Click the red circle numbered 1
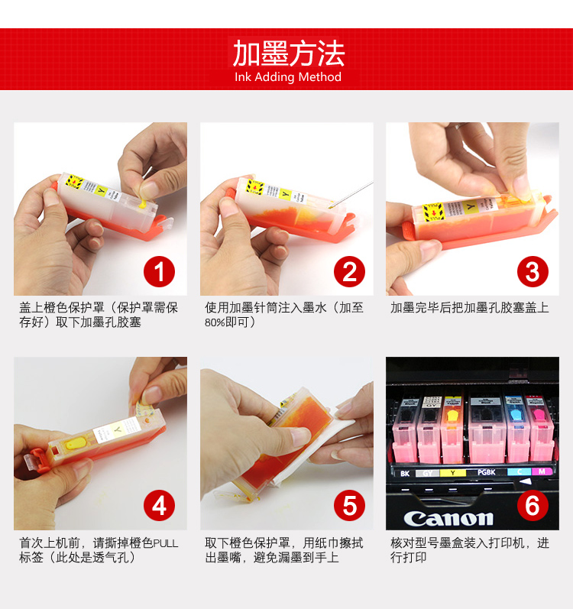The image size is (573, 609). pyautogui.click(x=159, y=271)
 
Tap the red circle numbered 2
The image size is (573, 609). pyautogui.click(x=349, y=271)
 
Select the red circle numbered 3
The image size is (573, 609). pyautogui.click(x=533, y=271)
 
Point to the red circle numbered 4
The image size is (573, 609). pyautogui.click(x=159, y=506)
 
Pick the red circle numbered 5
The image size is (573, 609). pyautogui.click(x=349, y=506)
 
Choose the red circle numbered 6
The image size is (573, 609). pyautogui.click(x=533, y=506)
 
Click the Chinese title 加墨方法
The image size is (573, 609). pyautogui.click(x=289, y=53)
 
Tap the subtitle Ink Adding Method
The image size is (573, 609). pyautogui.click(x=288, y=77)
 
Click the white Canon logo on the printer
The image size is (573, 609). pyautogui.click(x=448, y=519)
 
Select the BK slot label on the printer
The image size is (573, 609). pyautogui.click(x=405, y=474)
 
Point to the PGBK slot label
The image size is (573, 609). pyautogui.click(x=487, y=472)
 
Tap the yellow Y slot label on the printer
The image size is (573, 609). pyautogui.click(x=452, y=473)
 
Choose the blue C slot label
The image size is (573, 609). pyautogui.click(x=520, y=471)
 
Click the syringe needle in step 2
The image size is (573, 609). pyautogui.click(x=351, y=195)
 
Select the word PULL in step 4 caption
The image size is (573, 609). pyautogui.click(x=166, y=543)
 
